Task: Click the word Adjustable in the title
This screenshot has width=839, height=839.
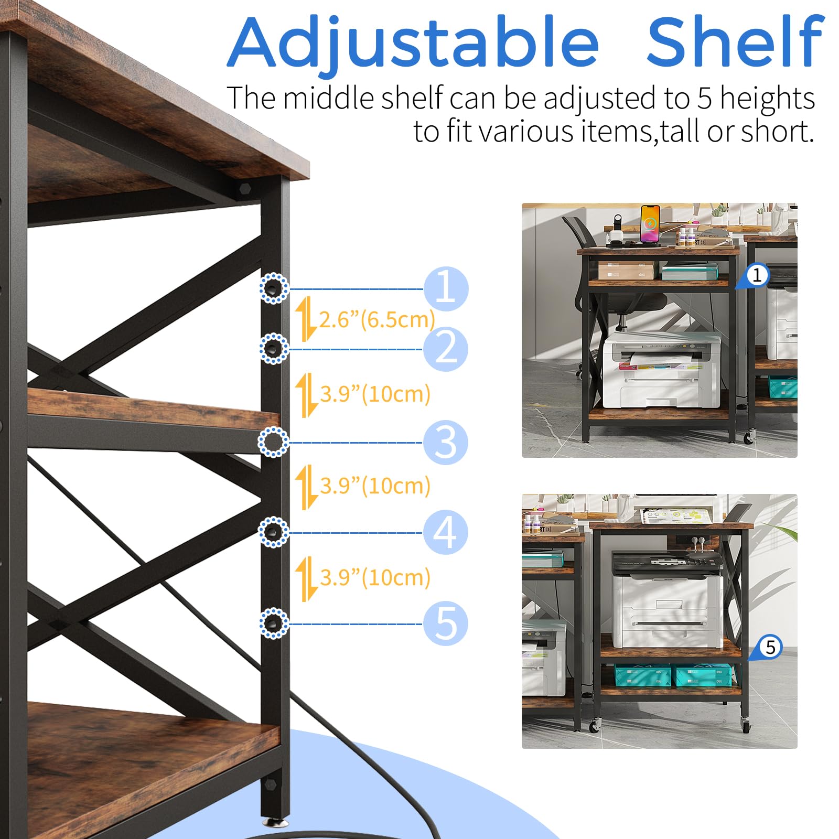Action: tap(413, 44)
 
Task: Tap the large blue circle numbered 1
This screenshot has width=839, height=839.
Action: tap(446, 288)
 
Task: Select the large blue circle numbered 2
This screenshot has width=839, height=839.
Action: tap(446, 349)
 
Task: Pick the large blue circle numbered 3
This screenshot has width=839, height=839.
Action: tap(446, 442)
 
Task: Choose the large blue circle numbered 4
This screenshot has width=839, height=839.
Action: tap(446, 532)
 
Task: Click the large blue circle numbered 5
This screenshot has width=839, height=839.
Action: tap(446, 623)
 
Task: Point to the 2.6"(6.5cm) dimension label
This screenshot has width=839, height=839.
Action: tap(377, 319)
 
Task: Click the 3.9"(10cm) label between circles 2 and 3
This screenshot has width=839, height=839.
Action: tap(375, 394)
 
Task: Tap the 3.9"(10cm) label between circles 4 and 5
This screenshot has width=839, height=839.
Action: tap(375, 577)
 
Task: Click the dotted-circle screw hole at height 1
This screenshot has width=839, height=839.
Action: tap(274, 288)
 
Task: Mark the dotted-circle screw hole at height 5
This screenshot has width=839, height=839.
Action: tap(274, 623)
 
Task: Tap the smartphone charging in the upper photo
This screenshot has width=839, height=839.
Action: tap(650, 224)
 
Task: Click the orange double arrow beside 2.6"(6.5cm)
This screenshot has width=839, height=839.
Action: tap(306, 319)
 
